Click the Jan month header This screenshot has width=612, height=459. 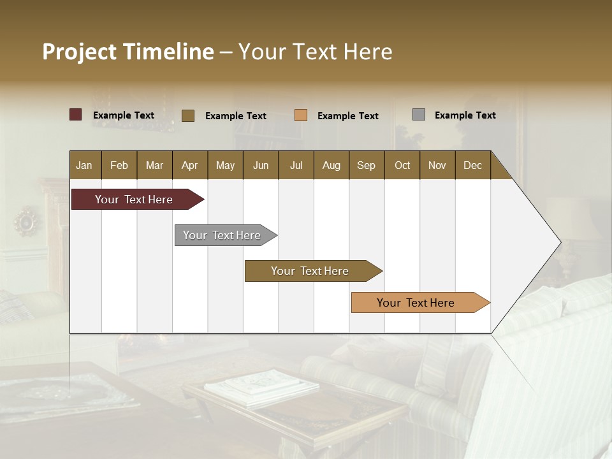[85, 165]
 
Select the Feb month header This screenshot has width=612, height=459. [119, 165]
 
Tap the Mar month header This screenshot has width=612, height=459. [154, 165]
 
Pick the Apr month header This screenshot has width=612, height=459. [190, 165]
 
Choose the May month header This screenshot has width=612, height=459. [225, 165]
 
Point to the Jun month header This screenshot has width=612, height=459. [261, 165]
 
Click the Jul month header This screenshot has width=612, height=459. [296, 165]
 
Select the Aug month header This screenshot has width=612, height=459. [331, 165]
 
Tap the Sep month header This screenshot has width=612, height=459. [367, 165]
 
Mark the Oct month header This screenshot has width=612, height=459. [402, 165]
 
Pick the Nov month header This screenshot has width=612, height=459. [437, 165]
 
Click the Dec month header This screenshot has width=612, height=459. [473, 165]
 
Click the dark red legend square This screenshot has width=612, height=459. [76, 115]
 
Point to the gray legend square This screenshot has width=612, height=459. [419, 115]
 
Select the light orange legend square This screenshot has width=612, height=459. [301, 115]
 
